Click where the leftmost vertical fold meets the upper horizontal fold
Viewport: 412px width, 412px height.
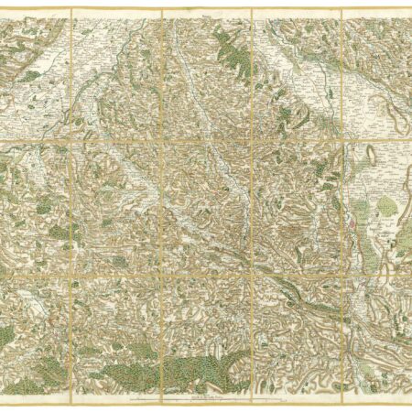click(71, 139)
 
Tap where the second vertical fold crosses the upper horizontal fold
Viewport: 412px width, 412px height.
click(162, 139)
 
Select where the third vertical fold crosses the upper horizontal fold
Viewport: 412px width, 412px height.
click(252, 139)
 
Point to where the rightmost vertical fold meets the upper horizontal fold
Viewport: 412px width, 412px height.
click(341, 139)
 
